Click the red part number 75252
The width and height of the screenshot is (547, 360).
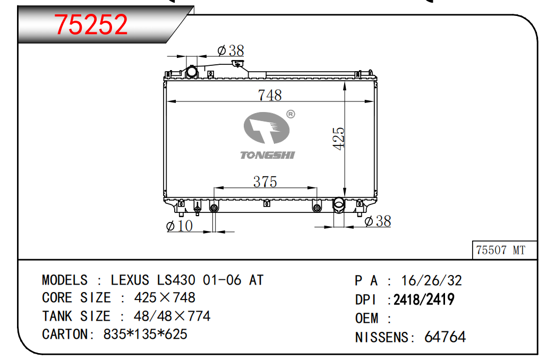tap(91, 24)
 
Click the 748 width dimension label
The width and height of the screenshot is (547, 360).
tap(270, 95)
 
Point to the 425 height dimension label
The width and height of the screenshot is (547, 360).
tap(339, 139)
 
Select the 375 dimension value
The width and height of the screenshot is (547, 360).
tap(265, 182)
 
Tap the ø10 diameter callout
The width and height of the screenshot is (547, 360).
tap(180, 226)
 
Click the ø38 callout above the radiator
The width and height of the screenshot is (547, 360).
tap(230, 51)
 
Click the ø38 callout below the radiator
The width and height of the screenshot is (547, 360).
tap(378, 221)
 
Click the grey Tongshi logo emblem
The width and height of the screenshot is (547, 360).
tap(267, 127)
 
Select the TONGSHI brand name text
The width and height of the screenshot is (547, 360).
tap(268, 155)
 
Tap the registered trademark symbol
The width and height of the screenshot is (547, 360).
tap(290, 114)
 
